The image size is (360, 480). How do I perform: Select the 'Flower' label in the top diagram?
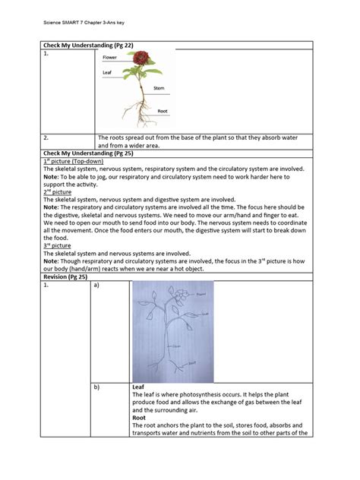point(110,58)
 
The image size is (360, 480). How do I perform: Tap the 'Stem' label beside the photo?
point(159,89)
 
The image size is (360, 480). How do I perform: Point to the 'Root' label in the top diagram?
point(163,111)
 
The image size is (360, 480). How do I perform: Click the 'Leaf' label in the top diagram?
point(107,73)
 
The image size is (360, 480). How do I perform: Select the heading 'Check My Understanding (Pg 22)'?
point(85,45)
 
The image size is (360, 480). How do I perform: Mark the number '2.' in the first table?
point(46,138)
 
